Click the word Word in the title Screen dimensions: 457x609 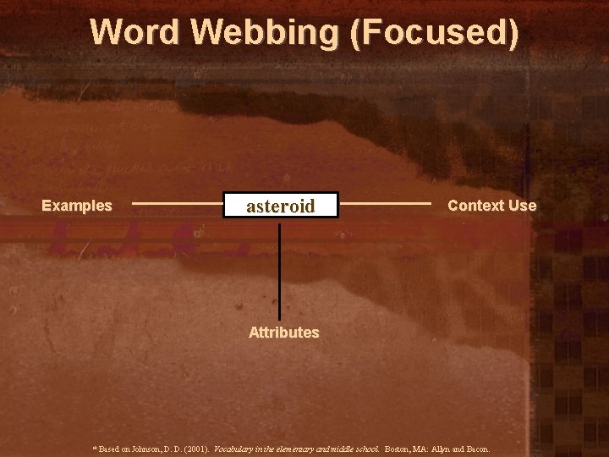click(x=135, y=32)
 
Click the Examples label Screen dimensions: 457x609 click(x=77, y=206)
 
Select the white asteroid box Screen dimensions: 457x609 click(x=280, y=206)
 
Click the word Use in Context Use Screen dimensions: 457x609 click(x=522, y=206)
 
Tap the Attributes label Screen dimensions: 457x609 click(x=283, y=333)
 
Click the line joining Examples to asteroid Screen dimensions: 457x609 click(x=177, y=204)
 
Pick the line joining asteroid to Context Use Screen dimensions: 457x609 click(x=385, y=204)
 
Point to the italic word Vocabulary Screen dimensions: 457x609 click(x=237, y=449)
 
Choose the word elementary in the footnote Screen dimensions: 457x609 click(x=299, y=449)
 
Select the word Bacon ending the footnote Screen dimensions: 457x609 click(x=477, y=449)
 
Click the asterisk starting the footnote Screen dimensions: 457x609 click(x=94, y=448)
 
